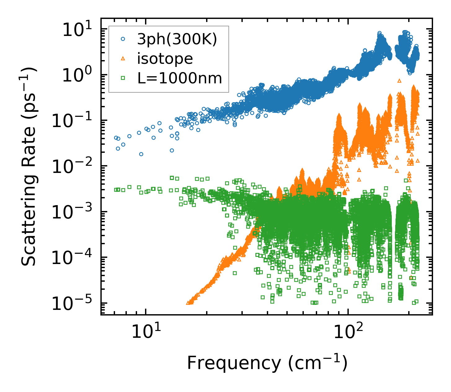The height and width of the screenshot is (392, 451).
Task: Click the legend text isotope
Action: (165, 59)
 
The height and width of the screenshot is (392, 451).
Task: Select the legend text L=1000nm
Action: (180, 78)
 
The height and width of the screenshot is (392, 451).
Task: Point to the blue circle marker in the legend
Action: (123, 39)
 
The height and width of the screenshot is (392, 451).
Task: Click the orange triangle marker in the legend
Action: (123, 59)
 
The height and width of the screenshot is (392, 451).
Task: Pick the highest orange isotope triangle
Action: (399, 81)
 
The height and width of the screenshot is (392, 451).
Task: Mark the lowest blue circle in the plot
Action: (141, 154)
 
